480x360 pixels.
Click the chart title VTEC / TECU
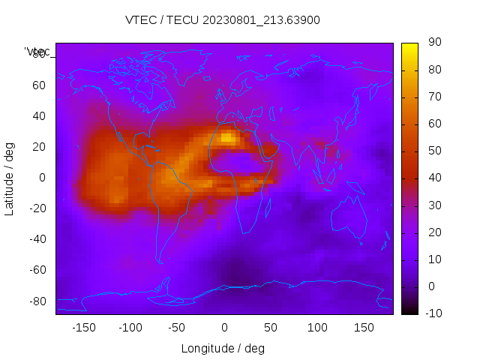click(223, 20)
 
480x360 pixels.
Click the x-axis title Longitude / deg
click(223, 348)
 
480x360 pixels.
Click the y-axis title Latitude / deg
click(10, 178)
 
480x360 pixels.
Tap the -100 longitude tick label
click(130, 328)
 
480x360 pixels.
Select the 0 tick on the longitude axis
click(223, 328)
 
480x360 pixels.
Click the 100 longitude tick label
click(317, 328)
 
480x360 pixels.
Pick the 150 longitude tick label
click(364, 328)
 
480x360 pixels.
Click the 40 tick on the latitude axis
click(39, 116)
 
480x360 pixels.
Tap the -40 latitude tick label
click(37, 239)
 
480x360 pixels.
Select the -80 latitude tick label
click(37, 301)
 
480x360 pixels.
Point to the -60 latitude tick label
click(37, 270)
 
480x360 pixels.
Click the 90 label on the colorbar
click(433, 43)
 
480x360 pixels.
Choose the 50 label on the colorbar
click(433, 151)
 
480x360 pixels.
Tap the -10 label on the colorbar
click(431, 313)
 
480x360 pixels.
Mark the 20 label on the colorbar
click(433, 232)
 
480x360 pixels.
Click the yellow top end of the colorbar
click(409, 46)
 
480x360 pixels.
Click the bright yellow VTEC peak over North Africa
click(228, 137)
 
